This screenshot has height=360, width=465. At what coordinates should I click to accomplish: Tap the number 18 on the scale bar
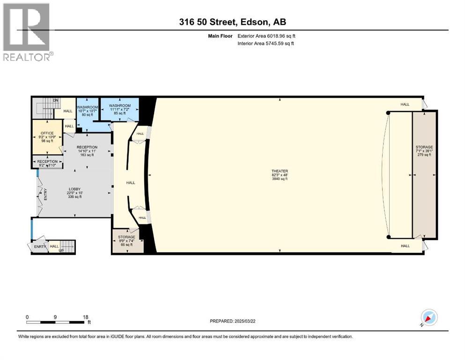coord(86,317)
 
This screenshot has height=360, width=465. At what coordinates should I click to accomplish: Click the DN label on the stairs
coord(55,100)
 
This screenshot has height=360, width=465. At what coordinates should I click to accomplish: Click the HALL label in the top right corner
coord(405,104)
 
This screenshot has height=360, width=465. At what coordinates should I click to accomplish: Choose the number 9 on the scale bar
coord(55,317)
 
